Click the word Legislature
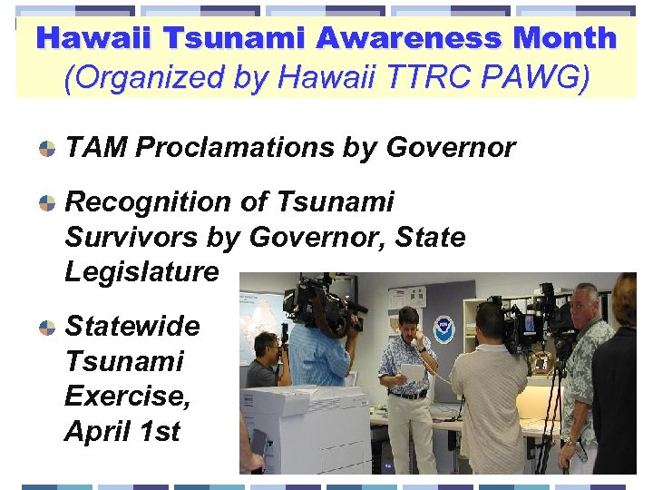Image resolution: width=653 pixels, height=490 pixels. pyautogui.click(x=141, y=271)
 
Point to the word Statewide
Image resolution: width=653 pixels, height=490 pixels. pyautogui.click(x=132, y=326)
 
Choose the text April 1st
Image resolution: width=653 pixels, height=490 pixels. pyautogui.click(x=122, y=431)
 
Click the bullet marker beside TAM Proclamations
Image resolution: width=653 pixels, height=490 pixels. pyautogui.click(x=45, y=147)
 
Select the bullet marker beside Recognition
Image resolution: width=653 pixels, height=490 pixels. pyautogui.click(x=45, y=203)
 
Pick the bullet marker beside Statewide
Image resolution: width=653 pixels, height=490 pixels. pyautogui.click(x=45, y=328)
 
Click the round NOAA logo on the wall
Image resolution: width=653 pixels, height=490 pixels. pyautogui.click(x=443, y=329)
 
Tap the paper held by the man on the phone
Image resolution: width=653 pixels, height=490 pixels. pyautogui.click(x=413, y=371)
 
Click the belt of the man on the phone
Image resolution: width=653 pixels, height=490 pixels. pyautogui.click(x=407, y=394)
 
